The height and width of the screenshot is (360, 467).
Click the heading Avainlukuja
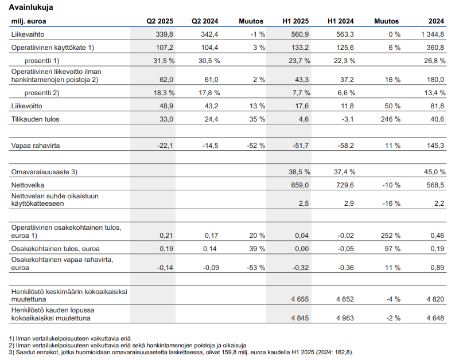[31, 7]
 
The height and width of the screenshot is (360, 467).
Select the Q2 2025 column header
[159, 21]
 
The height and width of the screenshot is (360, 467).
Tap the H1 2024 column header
[340, 21]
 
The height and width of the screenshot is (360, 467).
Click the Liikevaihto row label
[28, 34]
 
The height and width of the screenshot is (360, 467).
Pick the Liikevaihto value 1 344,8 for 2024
[433, 34]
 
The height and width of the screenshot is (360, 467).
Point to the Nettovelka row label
[28, 185]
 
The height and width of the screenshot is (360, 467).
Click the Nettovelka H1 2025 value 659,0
[300, 185]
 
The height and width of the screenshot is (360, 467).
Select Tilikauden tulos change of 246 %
[391, 119]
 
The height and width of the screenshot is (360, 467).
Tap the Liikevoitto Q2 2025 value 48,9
[166, 106]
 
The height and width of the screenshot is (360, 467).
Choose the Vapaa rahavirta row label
[36, 146]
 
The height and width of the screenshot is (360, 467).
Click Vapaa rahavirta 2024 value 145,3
[435, 146]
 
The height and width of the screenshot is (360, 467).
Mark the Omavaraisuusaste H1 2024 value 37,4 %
[345, 172]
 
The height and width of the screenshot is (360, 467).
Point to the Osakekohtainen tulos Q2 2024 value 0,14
[210, 249]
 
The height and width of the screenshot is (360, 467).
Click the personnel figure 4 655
[300, 299]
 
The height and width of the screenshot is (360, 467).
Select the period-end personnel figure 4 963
[345, 318]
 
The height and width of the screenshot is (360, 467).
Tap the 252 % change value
[391, 236]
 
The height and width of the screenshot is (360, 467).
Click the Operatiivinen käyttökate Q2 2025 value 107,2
[165, 48]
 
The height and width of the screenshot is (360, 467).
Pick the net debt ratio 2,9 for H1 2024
[349, 204]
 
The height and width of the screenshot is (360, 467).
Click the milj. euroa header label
[29, 21]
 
